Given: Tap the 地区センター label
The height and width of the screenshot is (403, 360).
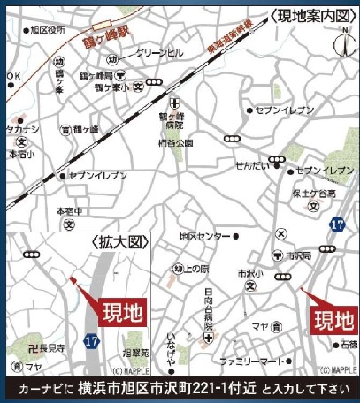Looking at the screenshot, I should coord(204,237).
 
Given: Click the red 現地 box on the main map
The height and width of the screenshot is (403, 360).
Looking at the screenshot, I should coord(333,317).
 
